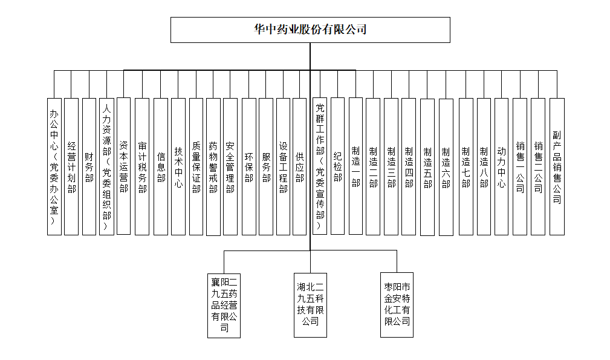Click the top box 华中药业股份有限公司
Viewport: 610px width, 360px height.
click(x=310, y=30)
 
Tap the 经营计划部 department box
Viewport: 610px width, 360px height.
click(x=71, y=166)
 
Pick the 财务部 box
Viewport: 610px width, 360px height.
click(x=89, y=166)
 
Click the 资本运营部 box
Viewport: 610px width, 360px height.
click(x=123, y=166)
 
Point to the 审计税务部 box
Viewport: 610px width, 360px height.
click(x=142, y=166)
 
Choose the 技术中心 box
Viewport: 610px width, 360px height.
click(x=178, y=166)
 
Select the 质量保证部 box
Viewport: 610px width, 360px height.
click(x=196, y=166)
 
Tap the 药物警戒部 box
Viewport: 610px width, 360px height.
click(x=213, y=166)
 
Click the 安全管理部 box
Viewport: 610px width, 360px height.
click(x=230, y=166)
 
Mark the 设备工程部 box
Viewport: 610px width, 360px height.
click(x=283, y=166)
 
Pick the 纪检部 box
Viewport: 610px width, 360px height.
click(x=338, y=166)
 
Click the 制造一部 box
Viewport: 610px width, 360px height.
click(x=355, y=166)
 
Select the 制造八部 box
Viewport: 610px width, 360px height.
click(x=484, y=166)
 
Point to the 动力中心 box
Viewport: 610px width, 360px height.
click(x=501, y=166)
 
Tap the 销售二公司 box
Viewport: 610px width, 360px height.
click(x=538, y=166)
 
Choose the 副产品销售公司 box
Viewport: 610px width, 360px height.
click(x=557, y=166)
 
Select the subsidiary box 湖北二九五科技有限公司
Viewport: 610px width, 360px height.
click(x=310, y=304)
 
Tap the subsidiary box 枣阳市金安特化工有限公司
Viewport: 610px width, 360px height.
click(x=397, y=304)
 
